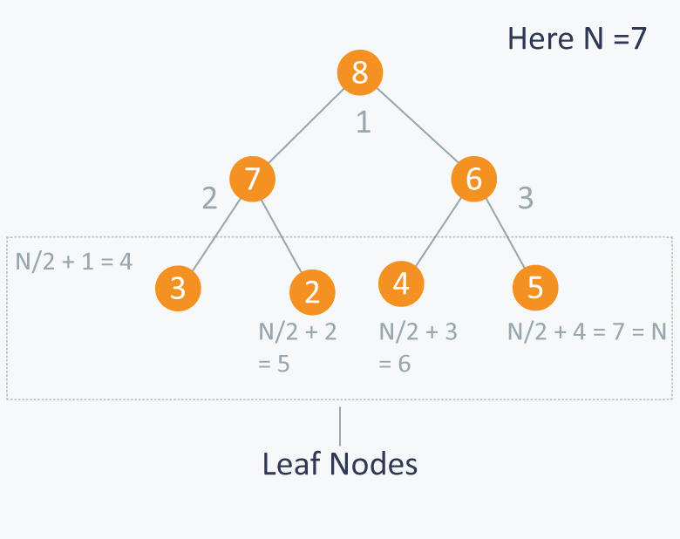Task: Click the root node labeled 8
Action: tap(360, 72)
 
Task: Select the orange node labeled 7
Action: tap(253, 179)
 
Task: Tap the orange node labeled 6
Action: tap(474, 179)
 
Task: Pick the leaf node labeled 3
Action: tap(178, 288)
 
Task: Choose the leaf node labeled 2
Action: tap(312, 292)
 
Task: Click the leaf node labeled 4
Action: tap(401, 283)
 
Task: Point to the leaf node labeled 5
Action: tap(535, 288)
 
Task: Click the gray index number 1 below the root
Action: tap(364, 122)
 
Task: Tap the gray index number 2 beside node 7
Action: tap(210, 198)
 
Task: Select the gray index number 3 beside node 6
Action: tap(526, 198)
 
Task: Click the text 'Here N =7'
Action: tap(577, 38)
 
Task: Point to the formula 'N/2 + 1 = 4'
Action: tap(74, 262)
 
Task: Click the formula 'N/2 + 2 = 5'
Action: tap(297, 347)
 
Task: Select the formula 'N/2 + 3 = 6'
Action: tap(418, 347)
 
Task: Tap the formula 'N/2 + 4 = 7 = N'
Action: tap(587, 332)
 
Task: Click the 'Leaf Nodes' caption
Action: tap(340, 464)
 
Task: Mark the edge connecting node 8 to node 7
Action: tap(306, 126)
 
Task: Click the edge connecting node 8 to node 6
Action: tap(418, 126)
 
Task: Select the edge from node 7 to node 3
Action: tap(216, 235)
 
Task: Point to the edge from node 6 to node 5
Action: tap(506, 233)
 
